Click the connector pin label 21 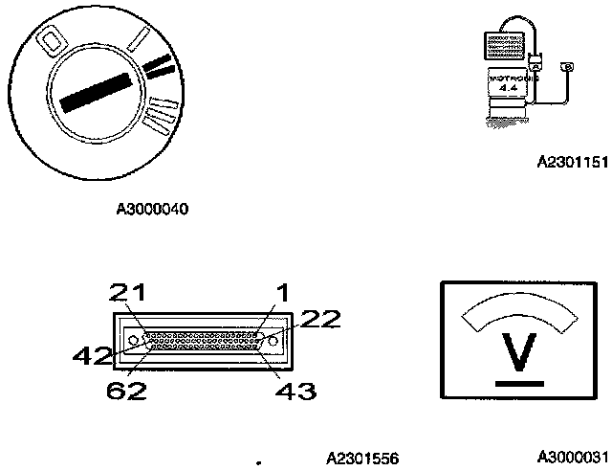[125, 292]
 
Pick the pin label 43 [296, 390]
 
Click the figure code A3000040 [153, 208]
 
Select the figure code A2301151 [572, 162]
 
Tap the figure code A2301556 [362, 458]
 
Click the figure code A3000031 [572, 457]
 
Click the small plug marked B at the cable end [567, 66]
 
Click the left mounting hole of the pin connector [132, 339]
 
